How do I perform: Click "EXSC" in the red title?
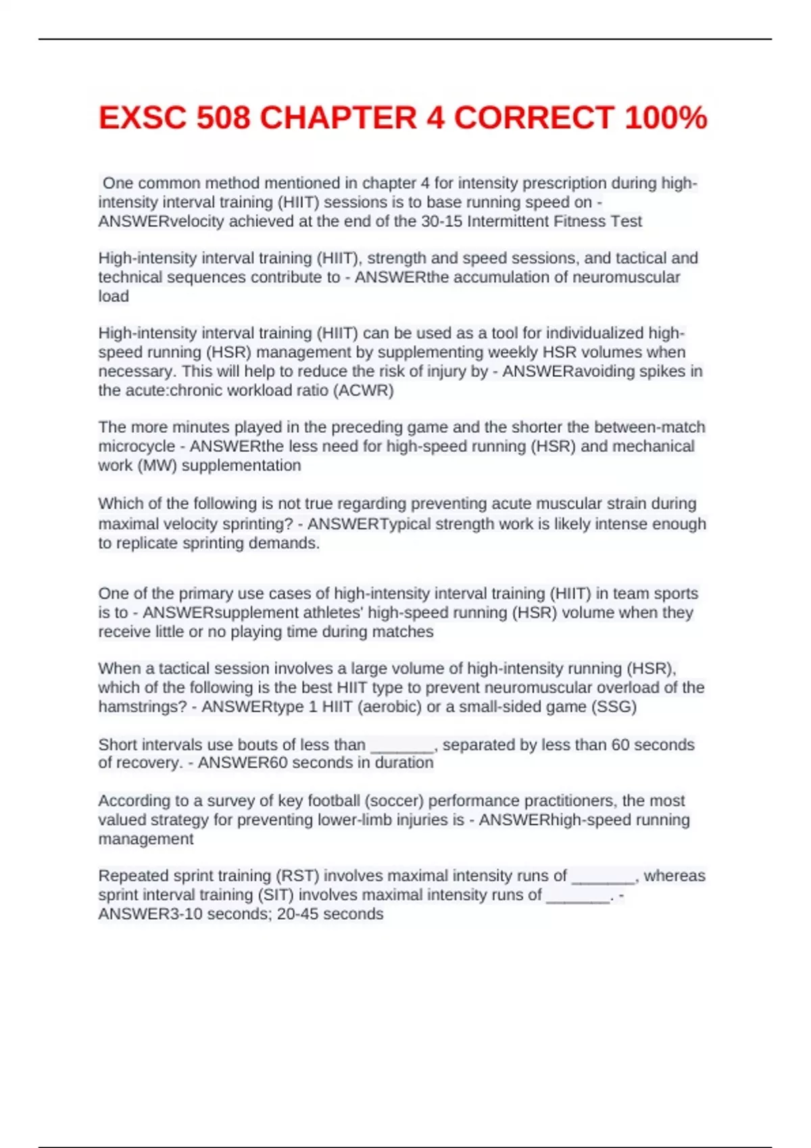[142, 118]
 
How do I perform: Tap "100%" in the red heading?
[666, 118]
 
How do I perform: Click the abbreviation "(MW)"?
[157, 465]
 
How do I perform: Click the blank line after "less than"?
[402, 745]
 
